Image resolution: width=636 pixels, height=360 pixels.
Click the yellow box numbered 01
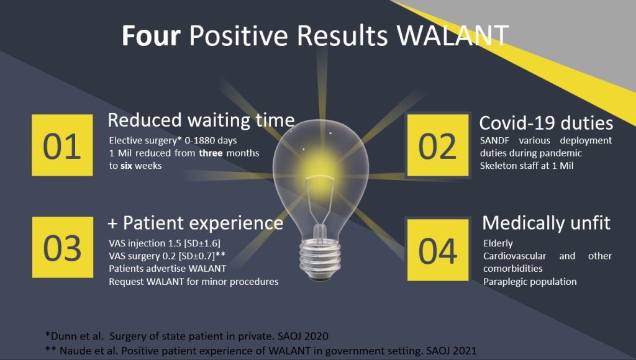pyautogui.click(x=62, y=145)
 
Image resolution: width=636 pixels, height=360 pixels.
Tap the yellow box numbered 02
pyautogui.click(x=438, y=145)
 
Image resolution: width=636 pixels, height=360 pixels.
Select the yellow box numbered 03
pyautogui.click(x=63, y=247)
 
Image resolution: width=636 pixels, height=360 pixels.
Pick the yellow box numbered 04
pyautogui.click(x=438, y=250)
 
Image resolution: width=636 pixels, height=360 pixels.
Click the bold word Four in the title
pyautogui.click(x=151, y=35)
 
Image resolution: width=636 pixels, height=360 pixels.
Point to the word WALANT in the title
pyautogui.click(x=452, y=35)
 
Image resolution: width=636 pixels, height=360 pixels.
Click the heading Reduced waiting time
pyautogui.click(x=201, y=120)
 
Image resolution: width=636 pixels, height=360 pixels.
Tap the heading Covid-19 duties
pyautogui.click(x=546, y=123)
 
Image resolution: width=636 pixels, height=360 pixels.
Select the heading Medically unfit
pyautogui.click(x=547, y=223)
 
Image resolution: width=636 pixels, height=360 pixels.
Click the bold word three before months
pyautogui.click(x=211, y=153)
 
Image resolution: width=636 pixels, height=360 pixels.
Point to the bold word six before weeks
pyautogui.click(x=126, y=166)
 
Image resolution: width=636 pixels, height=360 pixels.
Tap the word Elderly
pyautogui.click(x=498, y=244)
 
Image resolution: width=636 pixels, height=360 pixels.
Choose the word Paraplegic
pyautogui.click(x=502, y=282)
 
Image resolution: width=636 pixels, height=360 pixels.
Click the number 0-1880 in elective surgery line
pyautogui.click(x=199, y=141)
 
